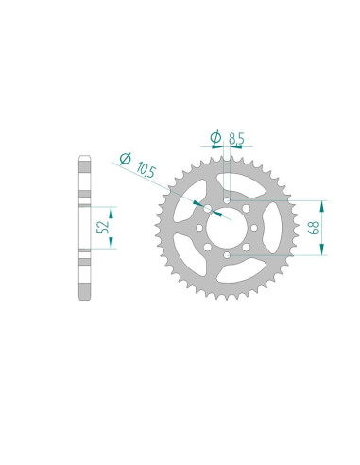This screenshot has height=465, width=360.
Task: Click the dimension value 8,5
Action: [x=236, y=139]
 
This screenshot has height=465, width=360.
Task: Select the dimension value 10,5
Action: [x=146, y=170]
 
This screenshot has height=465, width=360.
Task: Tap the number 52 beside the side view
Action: [x=103, y=227]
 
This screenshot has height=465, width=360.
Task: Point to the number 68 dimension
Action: [x=314, y=228]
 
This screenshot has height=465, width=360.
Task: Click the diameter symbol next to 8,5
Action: [x=215, y=138]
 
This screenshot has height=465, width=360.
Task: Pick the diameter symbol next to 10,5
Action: [x=125, y=159]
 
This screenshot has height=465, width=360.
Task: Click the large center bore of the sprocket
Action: [x=227, y=228]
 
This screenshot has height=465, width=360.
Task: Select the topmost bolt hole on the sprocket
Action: [x=227, y=200]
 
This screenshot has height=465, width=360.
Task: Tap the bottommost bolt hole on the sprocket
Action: [x=227, y=255]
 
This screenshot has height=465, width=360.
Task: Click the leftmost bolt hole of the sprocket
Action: [x=199, y=228]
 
